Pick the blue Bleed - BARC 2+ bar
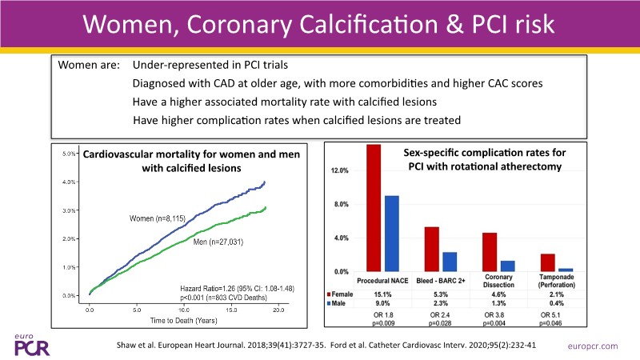click(449, 262)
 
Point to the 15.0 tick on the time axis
click(230, 308)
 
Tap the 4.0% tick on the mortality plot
click(69, 182)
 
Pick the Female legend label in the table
click(346, 294)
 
